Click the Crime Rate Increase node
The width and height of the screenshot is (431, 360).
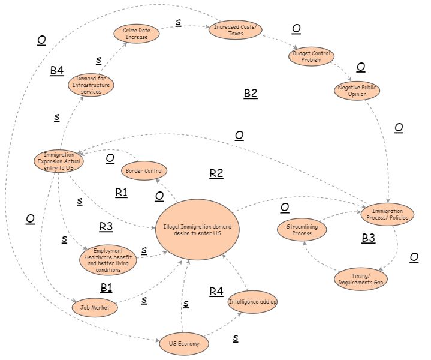coord(138,33)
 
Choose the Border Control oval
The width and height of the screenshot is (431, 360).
coord(143,171)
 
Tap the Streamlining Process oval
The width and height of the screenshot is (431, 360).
coord(302,229)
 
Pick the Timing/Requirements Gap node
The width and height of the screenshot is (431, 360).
coord(360,278)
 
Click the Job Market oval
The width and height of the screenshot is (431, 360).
coord(95,307)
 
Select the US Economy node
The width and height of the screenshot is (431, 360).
coord(184,344)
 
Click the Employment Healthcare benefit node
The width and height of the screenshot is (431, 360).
coord(108,260)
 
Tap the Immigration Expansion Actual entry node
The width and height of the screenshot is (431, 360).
coord(58,161)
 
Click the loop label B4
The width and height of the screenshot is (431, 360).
coord(56,71)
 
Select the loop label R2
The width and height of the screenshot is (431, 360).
coord(216,173)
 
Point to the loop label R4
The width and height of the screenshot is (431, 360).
coord(216,292)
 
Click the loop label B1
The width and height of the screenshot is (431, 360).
coord(106,287)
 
